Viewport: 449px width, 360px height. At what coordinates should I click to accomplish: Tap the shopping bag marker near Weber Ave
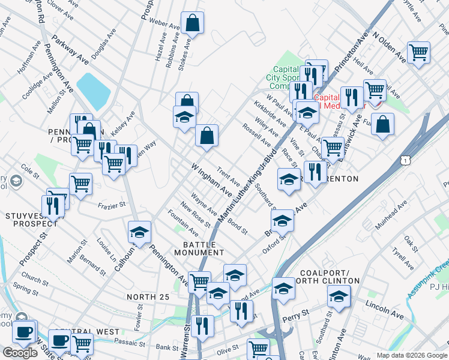(x=193, y=24)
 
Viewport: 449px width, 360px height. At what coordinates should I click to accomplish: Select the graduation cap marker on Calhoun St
(x=140, y=232)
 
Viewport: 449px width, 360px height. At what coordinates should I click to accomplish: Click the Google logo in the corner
(x=20, y=353)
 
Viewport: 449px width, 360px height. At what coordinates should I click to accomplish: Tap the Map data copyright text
(x=412, y=355)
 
